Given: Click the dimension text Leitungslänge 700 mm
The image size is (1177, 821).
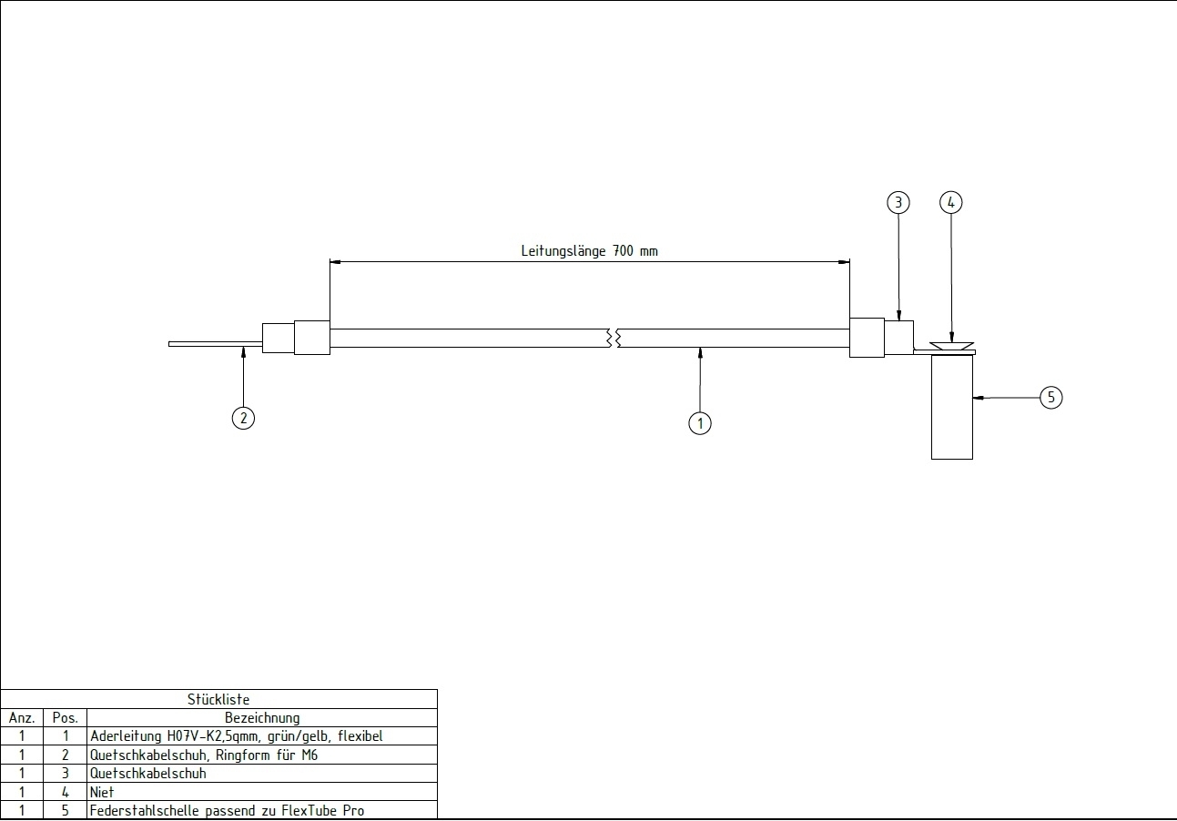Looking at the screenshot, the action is point(589,251).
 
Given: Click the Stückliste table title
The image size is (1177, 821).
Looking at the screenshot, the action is point(218,700).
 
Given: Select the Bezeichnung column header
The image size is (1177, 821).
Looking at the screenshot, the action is point(262,718).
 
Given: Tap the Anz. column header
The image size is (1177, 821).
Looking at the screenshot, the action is point(22,718).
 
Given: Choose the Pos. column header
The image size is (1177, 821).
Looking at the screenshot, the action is point(66,718).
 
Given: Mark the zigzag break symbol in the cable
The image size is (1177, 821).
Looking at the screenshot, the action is point(614,339).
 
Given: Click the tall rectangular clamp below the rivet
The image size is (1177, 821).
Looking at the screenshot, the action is point(952,407).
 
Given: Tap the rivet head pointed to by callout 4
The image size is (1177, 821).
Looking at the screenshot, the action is point(951,346).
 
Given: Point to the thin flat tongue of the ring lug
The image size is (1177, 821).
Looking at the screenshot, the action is point(216,344).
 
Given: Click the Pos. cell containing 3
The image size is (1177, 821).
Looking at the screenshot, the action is point(66,773).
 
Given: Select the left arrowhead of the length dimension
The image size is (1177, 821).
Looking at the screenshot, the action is point(335,261).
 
